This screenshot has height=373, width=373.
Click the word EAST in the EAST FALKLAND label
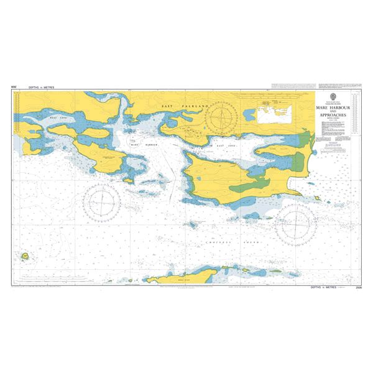pos(167,107)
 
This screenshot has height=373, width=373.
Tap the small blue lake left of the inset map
pos(251,114)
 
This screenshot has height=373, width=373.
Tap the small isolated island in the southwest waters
pos(25,256)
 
